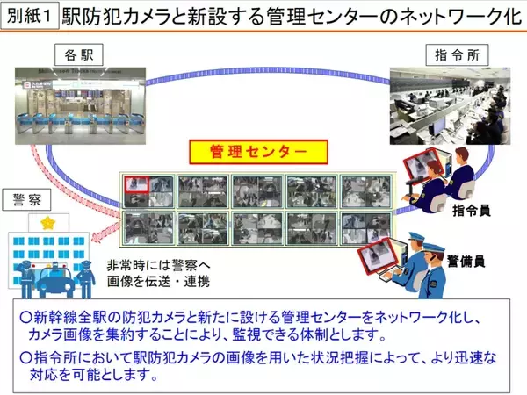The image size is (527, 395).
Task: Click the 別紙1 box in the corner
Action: tap(30, 16)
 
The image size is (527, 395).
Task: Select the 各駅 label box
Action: tap(79, 54)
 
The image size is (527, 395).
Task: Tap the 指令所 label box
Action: tap(457, 54)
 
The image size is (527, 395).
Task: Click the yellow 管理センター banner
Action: tap(258, 152)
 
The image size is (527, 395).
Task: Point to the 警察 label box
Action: tap(27, 200)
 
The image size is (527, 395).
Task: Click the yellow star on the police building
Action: tap(48, 222)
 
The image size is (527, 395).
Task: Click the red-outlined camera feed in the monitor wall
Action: tap(137, 184)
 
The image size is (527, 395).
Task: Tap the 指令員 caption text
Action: tap(471, 211)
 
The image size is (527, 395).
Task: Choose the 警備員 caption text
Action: tap(466, 261)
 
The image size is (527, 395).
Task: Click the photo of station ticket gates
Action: tap(80, 106)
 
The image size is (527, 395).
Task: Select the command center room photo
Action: tap(450, 106)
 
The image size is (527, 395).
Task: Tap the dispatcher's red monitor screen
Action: tap(421, 167)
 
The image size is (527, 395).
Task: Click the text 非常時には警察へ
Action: tap(158, 265)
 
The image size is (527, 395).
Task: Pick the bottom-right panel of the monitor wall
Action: tap(366, 228)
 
